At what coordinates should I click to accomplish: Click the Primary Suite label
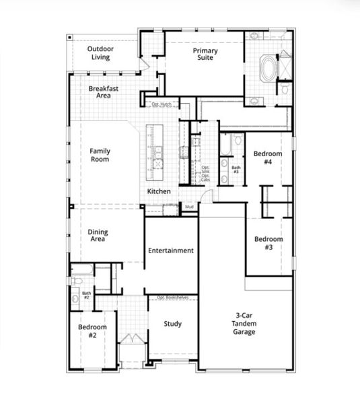pos(203,55)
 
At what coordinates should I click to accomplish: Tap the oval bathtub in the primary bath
pos(268,68)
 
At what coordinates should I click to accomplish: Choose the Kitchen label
pos(159,192)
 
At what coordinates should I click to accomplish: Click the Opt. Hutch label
pos(161,104)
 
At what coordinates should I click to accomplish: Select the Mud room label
pos(190,205)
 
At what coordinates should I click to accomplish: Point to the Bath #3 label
pos(236,170)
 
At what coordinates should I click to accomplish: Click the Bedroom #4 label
pos(267,158)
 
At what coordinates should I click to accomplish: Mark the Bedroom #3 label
pos(268,243)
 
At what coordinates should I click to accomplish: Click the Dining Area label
pos(98,236)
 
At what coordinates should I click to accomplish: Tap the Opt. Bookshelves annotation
pos(172,297)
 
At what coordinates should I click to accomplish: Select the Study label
pos(172,324)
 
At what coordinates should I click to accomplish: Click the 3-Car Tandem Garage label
pos(244,323)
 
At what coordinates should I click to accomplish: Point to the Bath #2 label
pos(86,295)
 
